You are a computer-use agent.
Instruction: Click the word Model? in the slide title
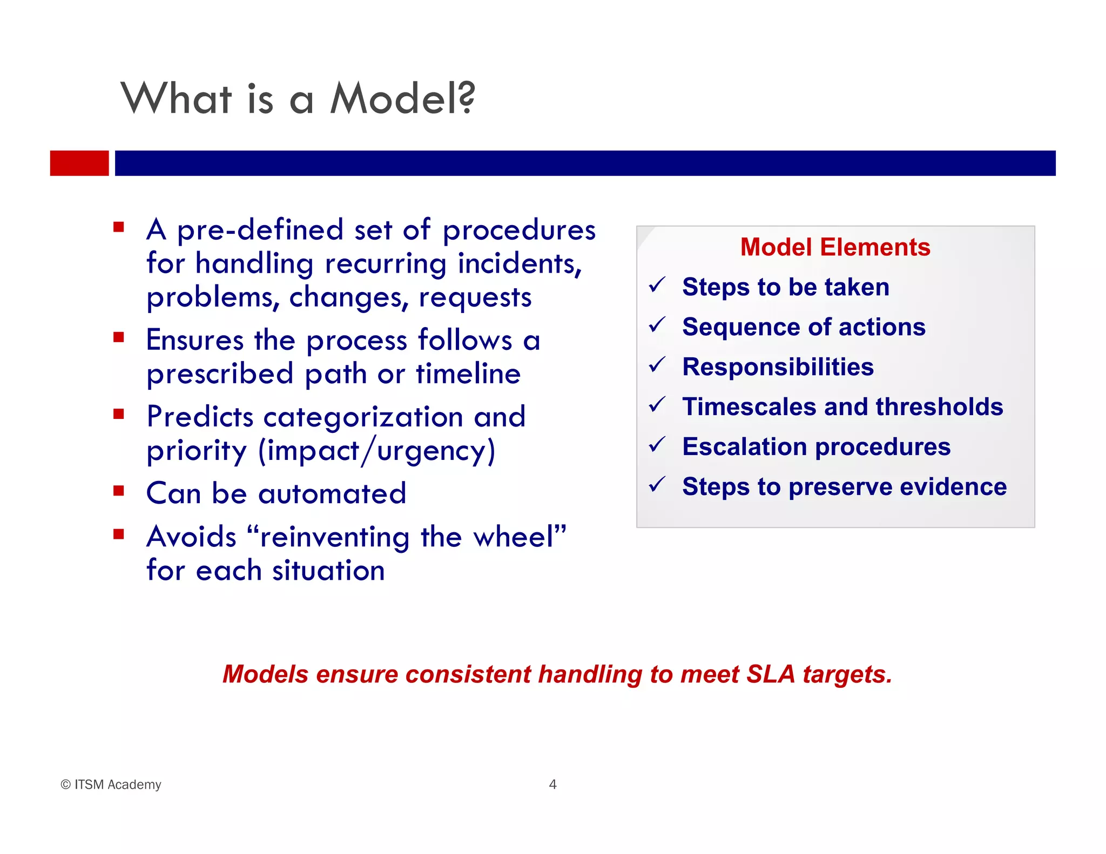[402, 99]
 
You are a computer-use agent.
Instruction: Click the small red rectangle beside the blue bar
[79, 163]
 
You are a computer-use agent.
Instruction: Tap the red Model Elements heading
[835, 247]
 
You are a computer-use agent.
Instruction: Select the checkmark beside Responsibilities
[657, 365]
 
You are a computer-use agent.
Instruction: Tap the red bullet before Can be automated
[119, 491]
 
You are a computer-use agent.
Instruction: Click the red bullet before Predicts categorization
[119, 414]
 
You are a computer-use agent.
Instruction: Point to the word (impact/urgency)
[376, 451]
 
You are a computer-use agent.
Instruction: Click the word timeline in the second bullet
[468, 374]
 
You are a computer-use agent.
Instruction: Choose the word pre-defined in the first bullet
[260, 231]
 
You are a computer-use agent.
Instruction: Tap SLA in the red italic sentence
[771, 674]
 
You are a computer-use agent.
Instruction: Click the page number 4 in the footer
[552, 784]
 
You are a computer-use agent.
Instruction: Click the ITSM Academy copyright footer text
[111, 784]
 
